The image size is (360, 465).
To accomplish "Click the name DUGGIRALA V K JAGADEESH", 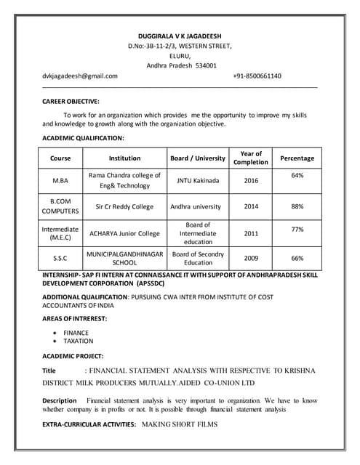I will (180, 36).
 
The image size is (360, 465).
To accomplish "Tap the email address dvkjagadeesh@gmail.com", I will (80, 76).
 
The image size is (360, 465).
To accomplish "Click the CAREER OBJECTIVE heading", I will (71, 102).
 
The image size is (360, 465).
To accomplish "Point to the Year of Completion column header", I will (251, 158).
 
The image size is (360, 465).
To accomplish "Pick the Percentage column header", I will (297, 158).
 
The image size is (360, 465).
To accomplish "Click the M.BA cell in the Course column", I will (60, 180).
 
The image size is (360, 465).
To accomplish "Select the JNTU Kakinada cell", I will (198, 180).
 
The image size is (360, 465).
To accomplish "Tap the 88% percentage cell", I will (297, 206).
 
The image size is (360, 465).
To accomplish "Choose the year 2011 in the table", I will (251, 233).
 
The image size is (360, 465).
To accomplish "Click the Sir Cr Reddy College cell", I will (124, 206).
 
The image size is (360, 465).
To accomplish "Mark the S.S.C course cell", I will (60, 258).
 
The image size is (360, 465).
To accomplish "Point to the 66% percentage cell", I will (297, 258).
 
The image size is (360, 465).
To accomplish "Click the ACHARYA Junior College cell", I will (124, 233).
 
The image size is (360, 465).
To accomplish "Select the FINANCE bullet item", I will (76, 333).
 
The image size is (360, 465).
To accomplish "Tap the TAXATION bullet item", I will (79, 341).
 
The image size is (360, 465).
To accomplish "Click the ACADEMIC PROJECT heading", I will (73, 356).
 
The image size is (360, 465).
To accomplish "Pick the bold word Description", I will (60, 400).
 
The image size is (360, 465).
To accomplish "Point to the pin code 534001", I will (204, 65).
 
